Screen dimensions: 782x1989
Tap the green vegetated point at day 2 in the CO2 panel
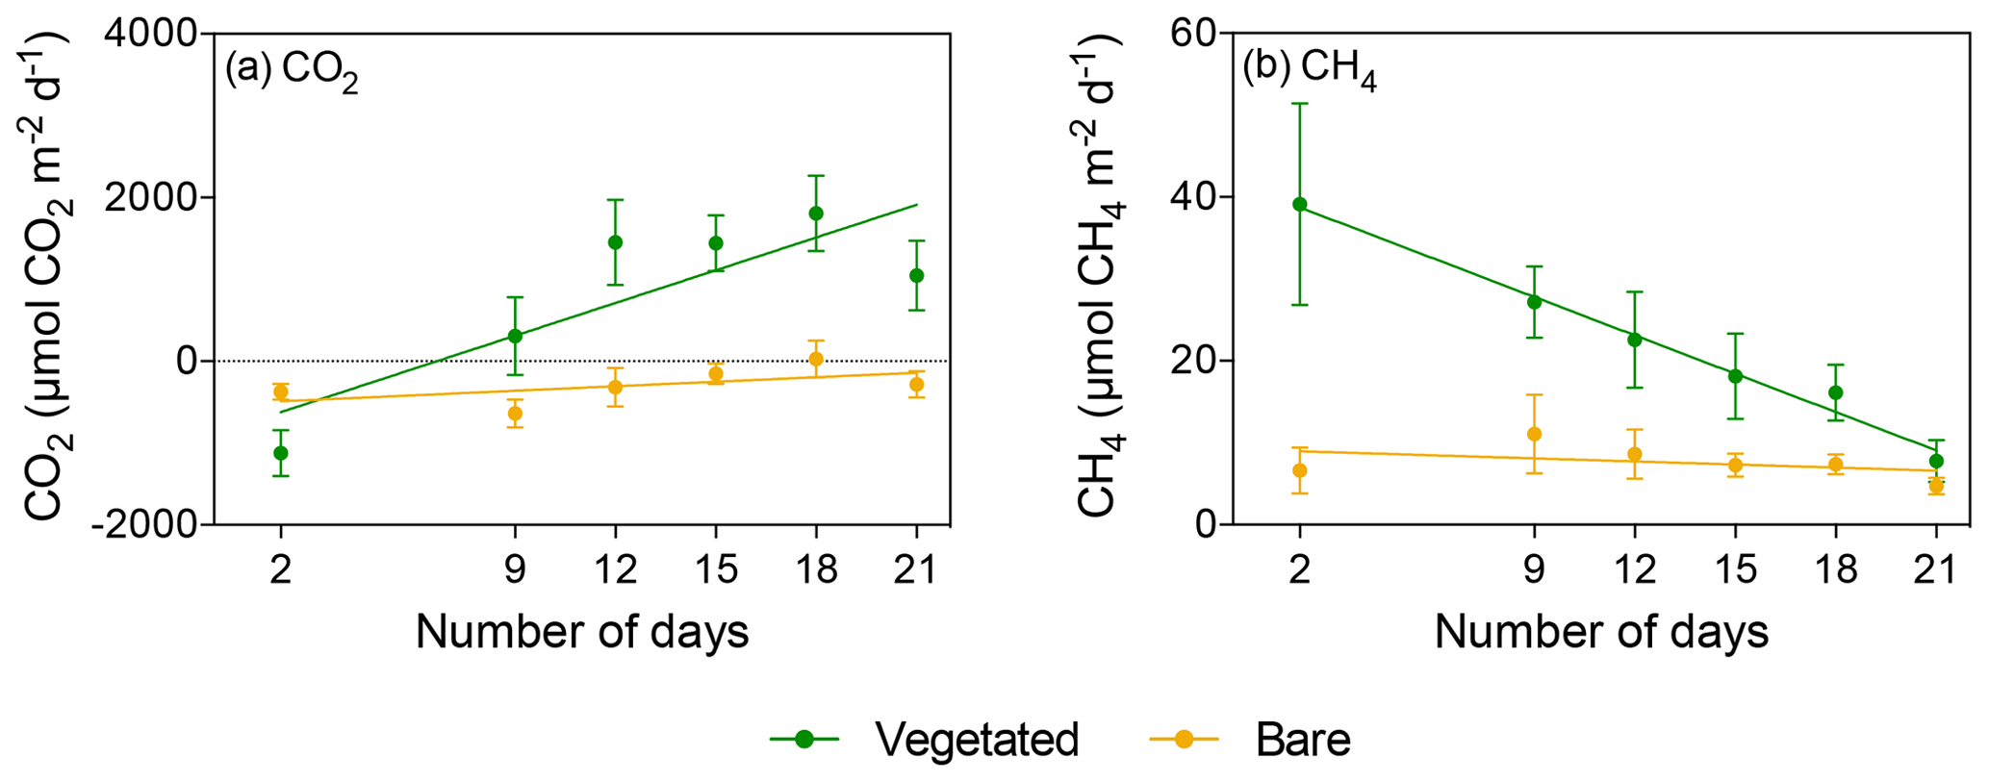(x=281, y=452)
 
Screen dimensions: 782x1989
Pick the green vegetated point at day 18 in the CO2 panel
(x=816, y=213)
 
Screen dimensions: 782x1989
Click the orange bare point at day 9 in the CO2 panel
(x=515, y=413)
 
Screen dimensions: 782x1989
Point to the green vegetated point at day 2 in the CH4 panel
(x=1300, y=204)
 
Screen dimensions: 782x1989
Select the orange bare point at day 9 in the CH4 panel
(x=1535, y=434)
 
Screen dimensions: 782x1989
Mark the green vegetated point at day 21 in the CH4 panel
(x=1936, y=461)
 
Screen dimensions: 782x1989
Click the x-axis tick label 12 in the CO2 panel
(x=616, y=570)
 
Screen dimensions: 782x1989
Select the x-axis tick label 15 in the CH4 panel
(x=1735, y=570)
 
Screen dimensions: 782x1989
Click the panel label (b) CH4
(x=1310, y=73)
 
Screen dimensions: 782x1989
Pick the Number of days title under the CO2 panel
(x=582, y=633)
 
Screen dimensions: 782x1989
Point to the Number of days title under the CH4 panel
(x=1601, y=633)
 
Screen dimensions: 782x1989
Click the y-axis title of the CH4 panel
(x=1097, y=274)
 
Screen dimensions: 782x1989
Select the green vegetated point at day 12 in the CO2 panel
(x=615, y=242)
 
